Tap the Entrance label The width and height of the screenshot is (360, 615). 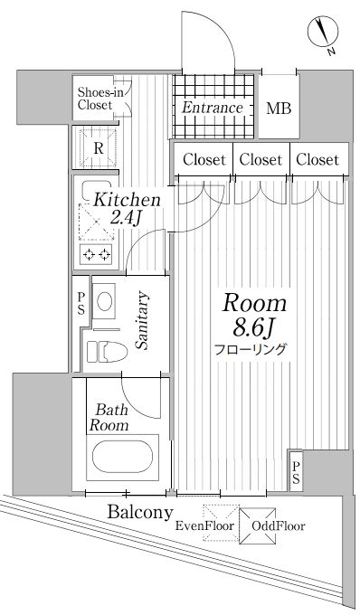click(212, 108)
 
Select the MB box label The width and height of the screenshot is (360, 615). click(278, 109)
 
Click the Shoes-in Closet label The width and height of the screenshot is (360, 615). click(95, 99)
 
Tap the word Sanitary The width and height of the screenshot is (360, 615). click(142, 321)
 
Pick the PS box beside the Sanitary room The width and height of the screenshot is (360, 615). click(81, 302)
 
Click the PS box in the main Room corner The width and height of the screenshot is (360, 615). click(297, 471)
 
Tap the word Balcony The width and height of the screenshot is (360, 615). click(140, 512)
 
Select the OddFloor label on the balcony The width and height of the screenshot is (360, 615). click(279, 525)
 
